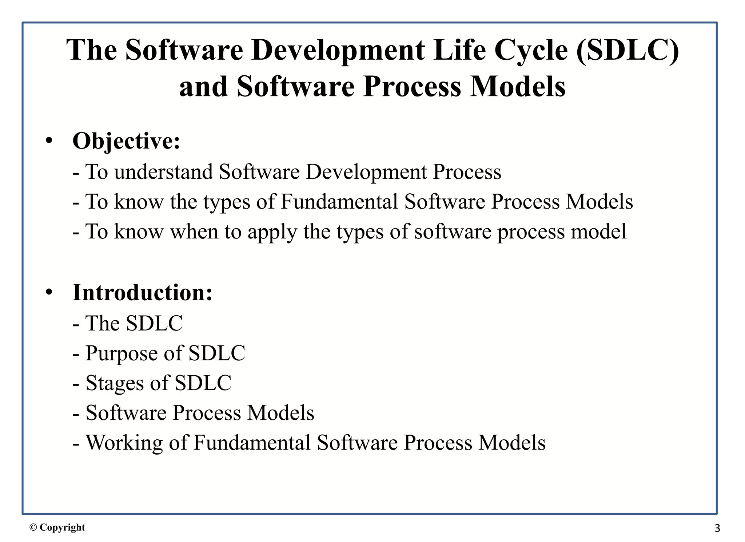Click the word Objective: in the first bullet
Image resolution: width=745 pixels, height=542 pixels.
coord(126,141)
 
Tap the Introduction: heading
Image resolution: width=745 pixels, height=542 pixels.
coord(142,293)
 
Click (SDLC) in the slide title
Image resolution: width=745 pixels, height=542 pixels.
coord(628,50)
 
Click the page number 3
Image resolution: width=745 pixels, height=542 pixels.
coord(717,528)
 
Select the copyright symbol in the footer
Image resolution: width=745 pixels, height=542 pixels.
coord(33,527)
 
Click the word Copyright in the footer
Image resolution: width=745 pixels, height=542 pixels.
coord(62,527)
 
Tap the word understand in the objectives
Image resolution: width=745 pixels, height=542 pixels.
coord(163,172)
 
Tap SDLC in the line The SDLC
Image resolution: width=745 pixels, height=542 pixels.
coord(154,323)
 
